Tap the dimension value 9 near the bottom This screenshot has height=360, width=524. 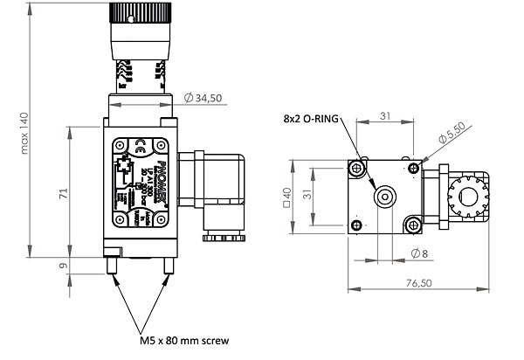point(62,267)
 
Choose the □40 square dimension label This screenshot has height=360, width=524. point(286,197)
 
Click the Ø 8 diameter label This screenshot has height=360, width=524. point(420,253)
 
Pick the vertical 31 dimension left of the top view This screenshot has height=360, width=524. point(309,197)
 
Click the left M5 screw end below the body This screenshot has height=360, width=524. point(110,264)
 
